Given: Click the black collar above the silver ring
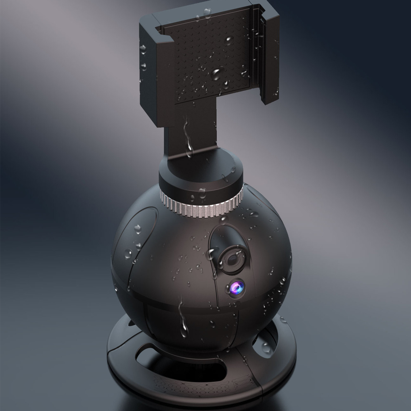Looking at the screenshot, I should (x=200, y=177).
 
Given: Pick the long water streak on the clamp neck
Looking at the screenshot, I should (x=189, y=139).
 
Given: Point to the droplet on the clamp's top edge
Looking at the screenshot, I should (x=207, y=12).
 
